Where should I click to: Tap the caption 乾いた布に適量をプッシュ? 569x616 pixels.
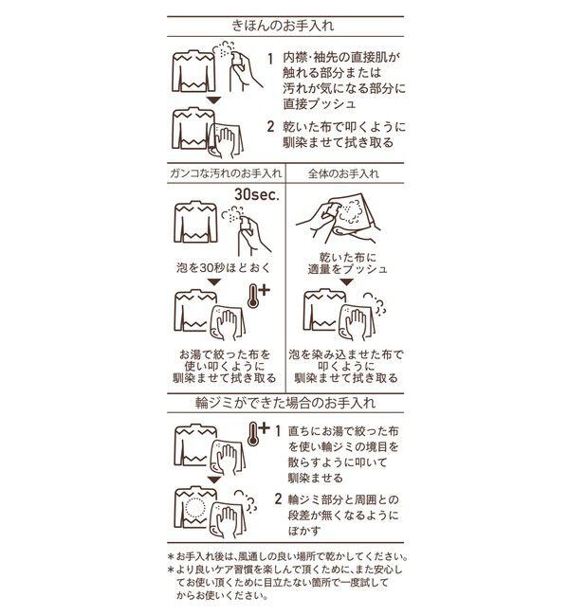342,263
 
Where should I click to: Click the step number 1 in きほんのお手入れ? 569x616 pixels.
270,58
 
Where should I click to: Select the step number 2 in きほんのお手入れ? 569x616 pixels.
270,125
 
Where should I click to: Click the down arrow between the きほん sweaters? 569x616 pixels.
214,99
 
